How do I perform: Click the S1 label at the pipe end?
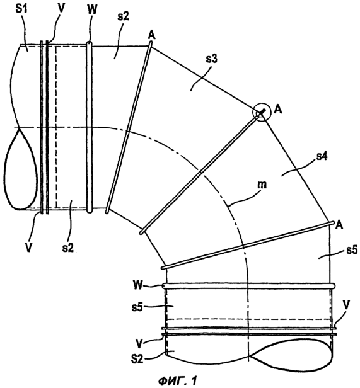tap(23, 10)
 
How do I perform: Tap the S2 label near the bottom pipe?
tap(137, 359)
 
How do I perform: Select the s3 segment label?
tap(212, 59)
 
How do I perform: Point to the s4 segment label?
tap(322, 157)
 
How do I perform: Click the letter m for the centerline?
tap(261, 185)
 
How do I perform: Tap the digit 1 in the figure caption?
tap(194, 381)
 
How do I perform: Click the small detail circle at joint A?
tap(262, 112)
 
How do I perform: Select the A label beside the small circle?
tap(279, 110)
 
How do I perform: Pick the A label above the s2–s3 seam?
tap(152, 35)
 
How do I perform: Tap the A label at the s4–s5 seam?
tap(339, 225)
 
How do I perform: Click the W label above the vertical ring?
tap(93, 9)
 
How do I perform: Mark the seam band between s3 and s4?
tap(202, 171)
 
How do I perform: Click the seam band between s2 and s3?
tap(129, 127)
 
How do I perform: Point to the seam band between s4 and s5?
tap(248, 245)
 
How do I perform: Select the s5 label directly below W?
tap(137, 307)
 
